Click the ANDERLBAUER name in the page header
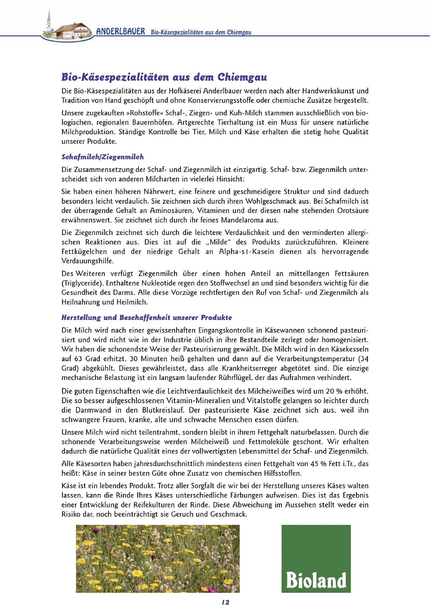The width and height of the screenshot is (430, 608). (x=120, y=32)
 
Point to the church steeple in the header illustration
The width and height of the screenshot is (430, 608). (x=49, y=21)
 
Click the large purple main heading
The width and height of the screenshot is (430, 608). (x=164, y=77)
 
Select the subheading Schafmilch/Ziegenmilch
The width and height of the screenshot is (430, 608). (x=102, y=157)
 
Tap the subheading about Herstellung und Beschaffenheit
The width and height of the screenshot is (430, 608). (x=146, y=317)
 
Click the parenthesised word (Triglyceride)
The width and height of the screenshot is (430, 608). (x=81, y=283)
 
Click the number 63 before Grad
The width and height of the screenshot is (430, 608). (x=78, y=359)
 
